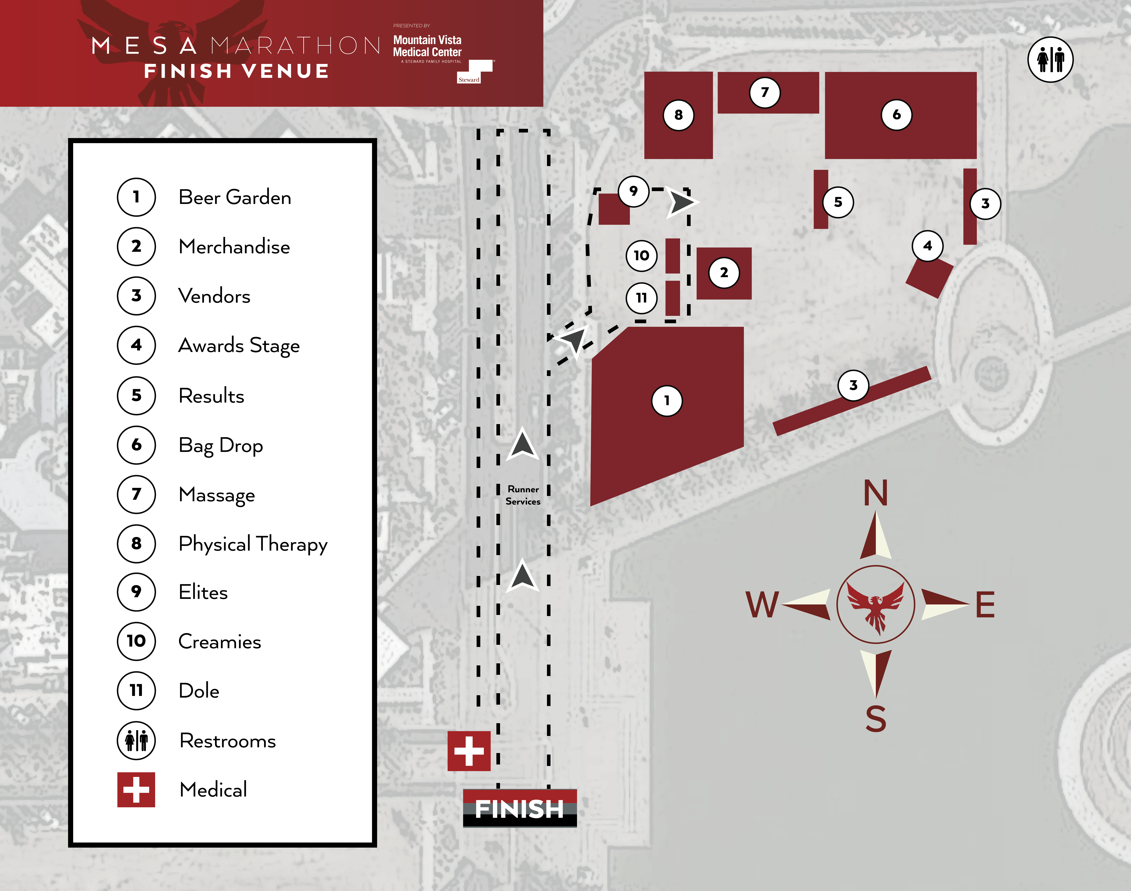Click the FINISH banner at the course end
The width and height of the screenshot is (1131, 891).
[520, 808]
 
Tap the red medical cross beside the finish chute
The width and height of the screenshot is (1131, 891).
[469, 751]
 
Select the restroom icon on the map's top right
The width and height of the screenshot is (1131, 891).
[1050, 59]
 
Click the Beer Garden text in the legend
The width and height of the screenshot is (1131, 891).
[235, 197]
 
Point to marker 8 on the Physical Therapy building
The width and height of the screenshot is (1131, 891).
[678, 115]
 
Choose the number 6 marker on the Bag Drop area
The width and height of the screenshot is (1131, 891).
[896, 115]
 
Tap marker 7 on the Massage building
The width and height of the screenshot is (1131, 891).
[765, 92]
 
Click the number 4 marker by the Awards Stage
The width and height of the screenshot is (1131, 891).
[928, 246]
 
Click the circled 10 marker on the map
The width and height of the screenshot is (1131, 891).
[641, 256]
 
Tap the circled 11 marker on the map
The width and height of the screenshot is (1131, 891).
[641, 298]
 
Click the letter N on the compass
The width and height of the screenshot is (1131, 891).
[875, 493]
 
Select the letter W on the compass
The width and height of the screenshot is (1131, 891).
[762, 605]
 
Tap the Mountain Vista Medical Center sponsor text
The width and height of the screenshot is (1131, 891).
[427, 46]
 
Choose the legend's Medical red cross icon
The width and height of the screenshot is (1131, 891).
[136, 789]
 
